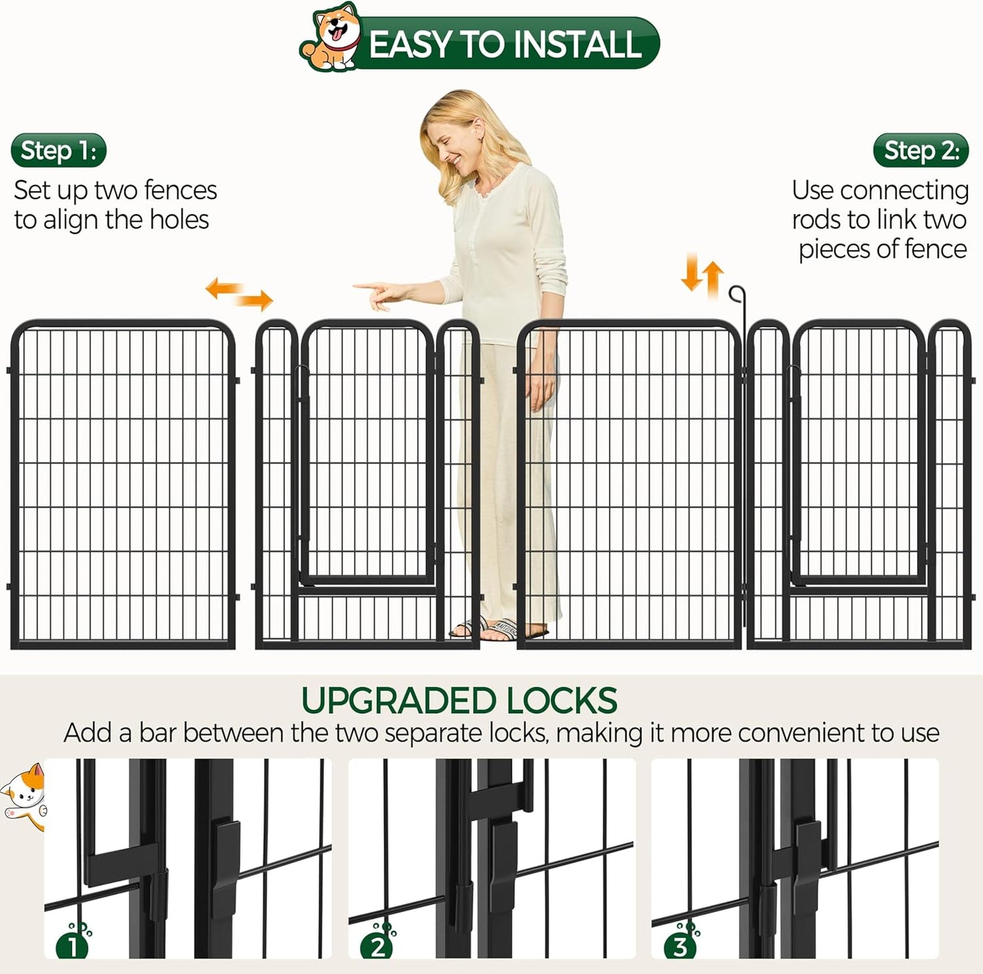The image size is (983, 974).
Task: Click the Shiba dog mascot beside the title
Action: pyautogui.click(x=331, y=38)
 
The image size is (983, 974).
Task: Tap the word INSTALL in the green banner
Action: pyautogui.click(x=577, y=45)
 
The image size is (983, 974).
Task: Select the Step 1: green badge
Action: pyautogui.click(x=59, y=150)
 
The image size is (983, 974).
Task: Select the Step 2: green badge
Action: pyautogui.click(x=921, y=150)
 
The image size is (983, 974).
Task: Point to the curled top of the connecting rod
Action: pyautogui.click(x=737, y=293)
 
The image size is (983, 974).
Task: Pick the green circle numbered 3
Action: pyautogui.click(x=680, y=946)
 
